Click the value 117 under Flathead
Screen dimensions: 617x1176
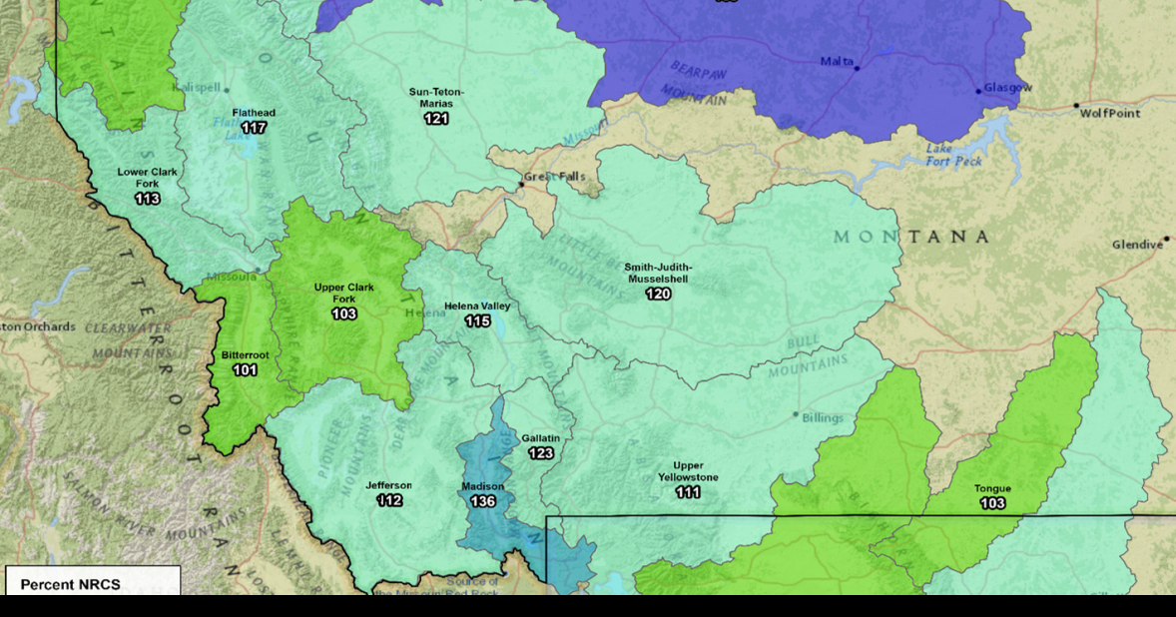(254, 128)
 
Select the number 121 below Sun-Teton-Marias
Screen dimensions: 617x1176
(436, 119)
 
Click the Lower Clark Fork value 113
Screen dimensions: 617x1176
(147, 199)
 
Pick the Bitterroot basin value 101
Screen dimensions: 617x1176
(245, 370)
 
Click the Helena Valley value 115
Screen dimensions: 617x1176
(477, 321)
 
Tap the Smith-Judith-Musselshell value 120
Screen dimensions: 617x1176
(658, 295)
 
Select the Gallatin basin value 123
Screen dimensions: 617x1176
(540, 453)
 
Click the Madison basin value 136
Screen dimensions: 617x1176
(482, 501)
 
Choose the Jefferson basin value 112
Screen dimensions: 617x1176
(389, 500)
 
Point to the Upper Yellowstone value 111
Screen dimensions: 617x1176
(687, 493)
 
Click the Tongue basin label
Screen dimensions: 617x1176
(992, 489)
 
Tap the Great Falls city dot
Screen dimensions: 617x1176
(520, 184)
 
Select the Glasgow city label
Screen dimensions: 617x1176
(1007, 88)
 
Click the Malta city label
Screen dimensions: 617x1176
(836, 62)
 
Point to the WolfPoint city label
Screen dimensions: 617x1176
(1110, 114)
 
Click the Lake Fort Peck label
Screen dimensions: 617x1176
(953, 155)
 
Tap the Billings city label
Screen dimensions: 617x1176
(823, 417)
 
